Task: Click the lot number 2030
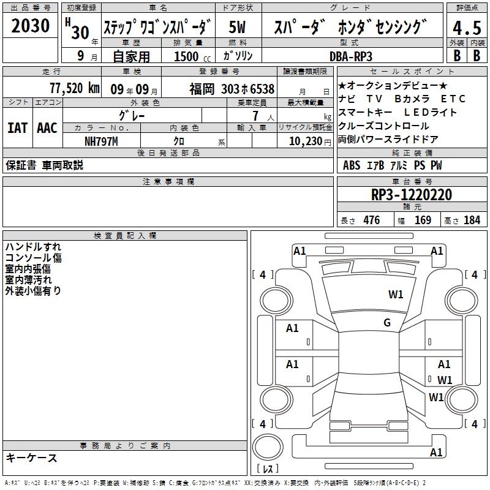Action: pyautogui.click(x=30, y=25)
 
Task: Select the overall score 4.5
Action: pyautogui.click(x=467, y=28)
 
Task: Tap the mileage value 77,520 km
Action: pyautogui.click(x=75, y=88)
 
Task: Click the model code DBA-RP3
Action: pyautogui.click(x=351, y=56)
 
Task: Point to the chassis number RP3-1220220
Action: pyautogui.click(x=412, y=195)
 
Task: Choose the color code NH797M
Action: pyautogui.click(x=101, y=141)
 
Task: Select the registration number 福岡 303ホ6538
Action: pyautogui.click(x=232, y=89)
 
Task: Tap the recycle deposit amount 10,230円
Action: pyautogui.click(x=310, y=141)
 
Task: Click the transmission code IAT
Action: pyautogui.click(x=18, y=128)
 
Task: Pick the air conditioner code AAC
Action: pyautogui.click(x=47, y=128)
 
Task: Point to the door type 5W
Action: pyautogui.click(x=237, y=27)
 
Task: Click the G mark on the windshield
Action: pyautogui.click(x=387, y=322)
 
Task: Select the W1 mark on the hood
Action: pyautogui.click(x=396, y=294)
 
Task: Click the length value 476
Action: pyautogui.click(x=372, y=220)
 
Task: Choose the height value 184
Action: pyautogui.click(x=472, y=220)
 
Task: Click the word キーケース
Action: pyautogui.click(x=32, y=458)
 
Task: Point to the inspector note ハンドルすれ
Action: pyautogui.click(x=33, y=247)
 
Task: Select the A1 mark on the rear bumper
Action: pyautogui.click(x=436, y=452)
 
